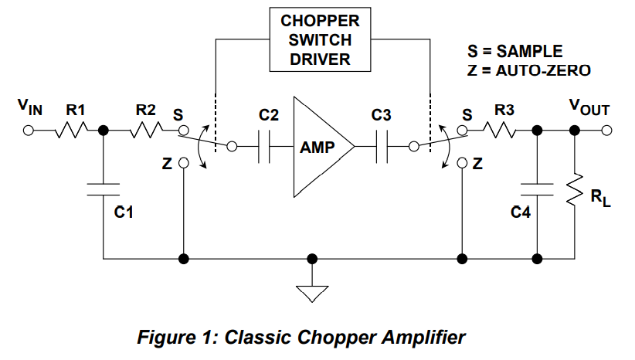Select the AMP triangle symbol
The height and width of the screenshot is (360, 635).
(317, 146)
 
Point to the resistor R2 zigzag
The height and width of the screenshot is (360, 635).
(144, 131)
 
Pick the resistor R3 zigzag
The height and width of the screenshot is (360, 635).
(503, 131)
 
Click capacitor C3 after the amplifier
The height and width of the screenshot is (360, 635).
(380, 146)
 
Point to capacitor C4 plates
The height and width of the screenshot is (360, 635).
(536, 190)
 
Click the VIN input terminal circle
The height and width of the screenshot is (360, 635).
(29, 131)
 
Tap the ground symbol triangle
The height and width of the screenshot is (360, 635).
(311, 292)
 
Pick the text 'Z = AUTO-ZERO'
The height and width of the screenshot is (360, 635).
(528, 70)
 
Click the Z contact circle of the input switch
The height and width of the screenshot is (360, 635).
(183, 163)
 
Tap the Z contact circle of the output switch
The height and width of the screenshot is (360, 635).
(461, 163)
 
